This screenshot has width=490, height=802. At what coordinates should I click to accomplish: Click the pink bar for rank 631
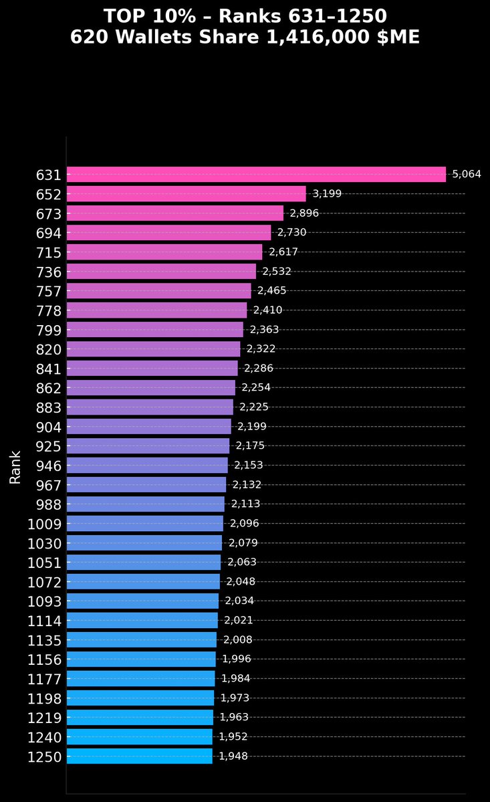[256, 175]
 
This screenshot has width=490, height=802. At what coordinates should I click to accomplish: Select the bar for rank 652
[186, 194]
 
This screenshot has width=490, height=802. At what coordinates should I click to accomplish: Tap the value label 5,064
[467, 175]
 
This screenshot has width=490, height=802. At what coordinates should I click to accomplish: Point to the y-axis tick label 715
[49, 252]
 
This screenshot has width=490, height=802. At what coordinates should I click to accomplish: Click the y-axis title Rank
[15, 467]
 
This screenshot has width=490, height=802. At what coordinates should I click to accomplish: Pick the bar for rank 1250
[139, 757]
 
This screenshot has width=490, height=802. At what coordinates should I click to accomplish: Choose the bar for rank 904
[148, 427]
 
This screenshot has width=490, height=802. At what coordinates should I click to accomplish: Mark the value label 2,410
[267, 310]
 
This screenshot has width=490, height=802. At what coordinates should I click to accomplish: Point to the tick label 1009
[45, 524]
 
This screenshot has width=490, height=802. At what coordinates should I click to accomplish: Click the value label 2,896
[304, 213]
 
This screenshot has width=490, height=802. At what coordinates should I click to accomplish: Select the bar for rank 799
[154, 330]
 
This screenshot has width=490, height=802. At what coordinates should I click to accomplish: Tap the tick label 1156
[45, 660]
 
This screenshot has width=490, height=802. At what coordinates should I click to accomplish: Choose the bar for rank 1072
[143, 582]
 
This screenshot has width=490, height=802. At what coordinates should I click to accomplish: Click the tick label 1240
[45, 737]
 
